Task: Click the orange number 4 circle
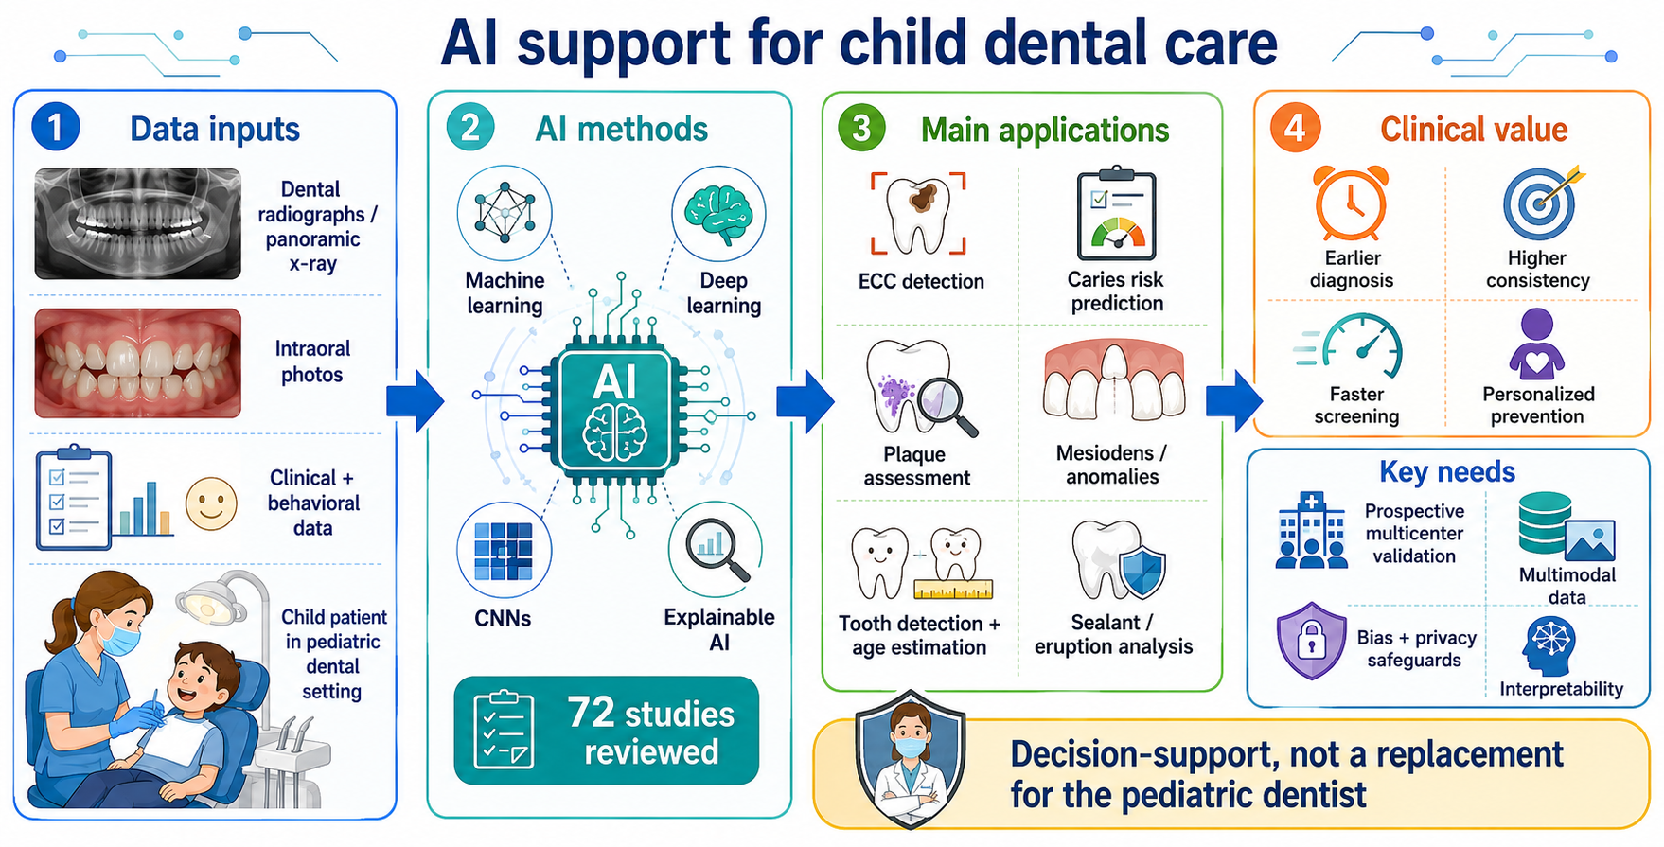click(x=1295, y=128)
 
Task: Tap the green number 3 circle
click(x=861, y=128)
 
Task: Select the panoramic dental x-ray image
click(x=138, y=223)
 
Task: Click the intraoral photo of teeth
click(x=138, y=362)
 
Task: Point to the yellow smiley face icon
click(x=211, y=503)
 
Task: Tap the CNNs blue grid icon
click(x=504, y=550)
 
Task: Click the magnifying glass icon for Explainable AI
click(x=716, y=550)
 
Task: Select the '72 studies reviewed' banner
click(x=607, y=731)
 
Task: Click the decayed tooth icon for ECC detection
click(x=918, y=214)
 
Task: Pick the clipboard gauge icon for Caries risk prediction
click(x=1117, y=214)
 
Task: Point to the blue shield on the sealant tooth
click(x=1142, y=572)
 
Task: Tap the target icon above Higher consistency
click(x=1541, y=203)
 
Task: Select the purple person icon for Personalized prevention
click(x=1537, y=344)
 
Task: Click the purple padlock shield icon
click(x=1311, y=641)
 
